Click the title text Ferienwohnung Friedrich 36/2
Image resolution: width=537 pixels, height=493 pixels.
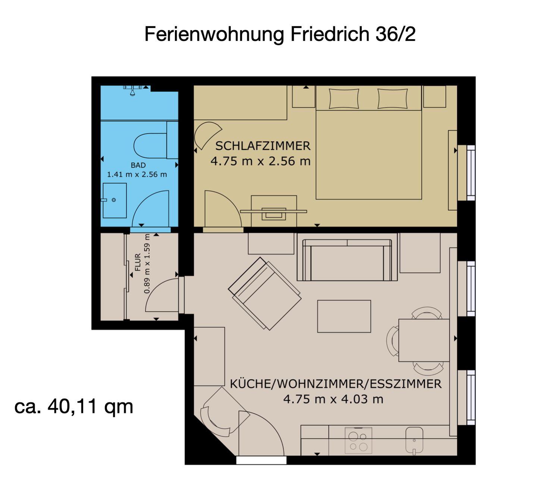point(280,35)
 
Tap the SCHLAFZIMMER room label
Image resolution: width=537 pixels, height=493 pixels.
point(263,146)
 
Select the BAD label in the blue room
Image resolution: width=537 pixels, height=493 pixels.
point(138,165)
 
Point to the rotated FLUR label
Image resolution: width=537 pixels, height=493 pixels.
point(138,262)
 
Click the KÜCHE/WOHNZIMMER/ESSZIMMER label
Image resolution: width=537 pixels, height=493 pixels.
point(336,384)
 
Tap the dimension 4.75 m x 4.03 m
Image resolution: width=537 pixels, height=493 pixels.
point(333,399)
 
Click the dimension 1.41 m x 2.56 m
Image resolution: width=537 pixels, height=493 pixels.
point(137,175)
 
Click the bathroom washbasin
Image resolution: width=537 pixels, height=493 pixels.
point(114,201)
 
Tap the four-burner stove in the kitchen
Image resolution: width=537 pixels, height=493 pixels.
point(358,440)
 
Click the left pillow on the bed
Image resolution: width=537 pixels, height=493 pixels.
point(344,99)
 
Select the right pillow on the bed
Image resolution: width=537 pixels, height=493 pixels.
point(392,99)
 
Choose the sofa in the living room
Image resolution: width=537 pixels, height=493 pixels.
point(347,260)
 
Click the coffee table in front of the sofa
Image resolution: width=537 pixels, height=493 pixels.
point(344,316)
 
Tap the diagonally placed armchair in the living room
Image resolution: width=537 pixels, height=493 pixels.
point(264,293)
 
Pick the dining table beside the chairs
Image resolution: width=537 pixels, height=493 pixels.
point(424,340)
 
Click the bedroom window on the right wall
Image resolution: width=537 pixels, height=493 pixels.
point(471,173)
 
